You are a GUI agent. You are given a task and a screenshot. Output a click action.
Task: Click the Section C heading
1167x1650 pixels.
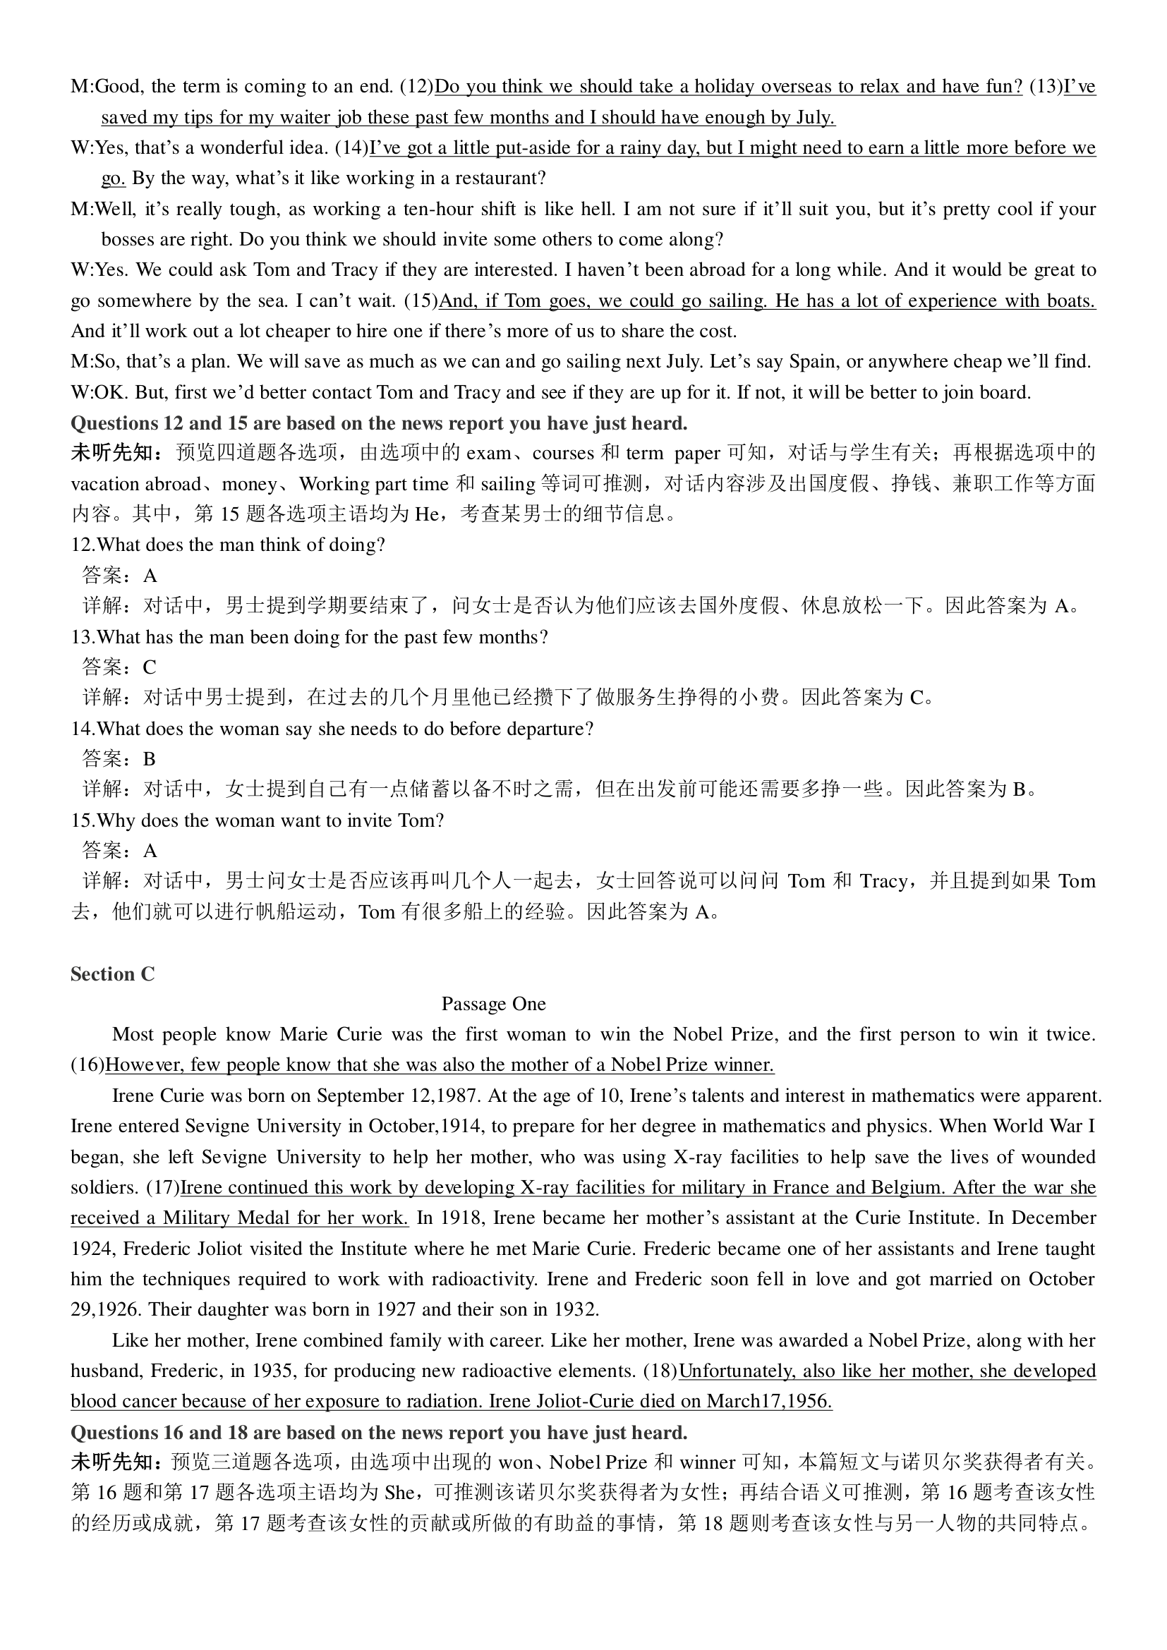point(112,973)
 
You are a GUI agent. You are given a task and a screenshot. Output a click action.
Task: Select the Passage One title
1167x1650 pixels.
point(493,1004)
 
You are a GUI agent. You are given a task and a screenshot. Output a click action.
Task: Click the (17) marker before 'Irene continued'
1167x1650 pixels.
point(162,1188)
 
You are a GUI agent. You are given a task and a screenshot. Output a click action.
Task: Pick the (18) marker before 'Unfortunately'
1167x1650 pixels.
point(660,1371)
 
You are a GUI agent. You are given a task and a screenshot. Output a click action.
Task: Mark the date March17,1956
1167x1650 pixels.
point(769,1402)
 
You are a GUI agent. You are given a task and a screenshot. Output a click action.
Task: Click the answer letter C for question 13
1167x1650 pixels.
point(150,667)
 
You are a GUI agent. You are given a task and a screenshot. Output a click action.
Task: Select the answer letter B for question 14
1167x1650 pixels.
point(150,760)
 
